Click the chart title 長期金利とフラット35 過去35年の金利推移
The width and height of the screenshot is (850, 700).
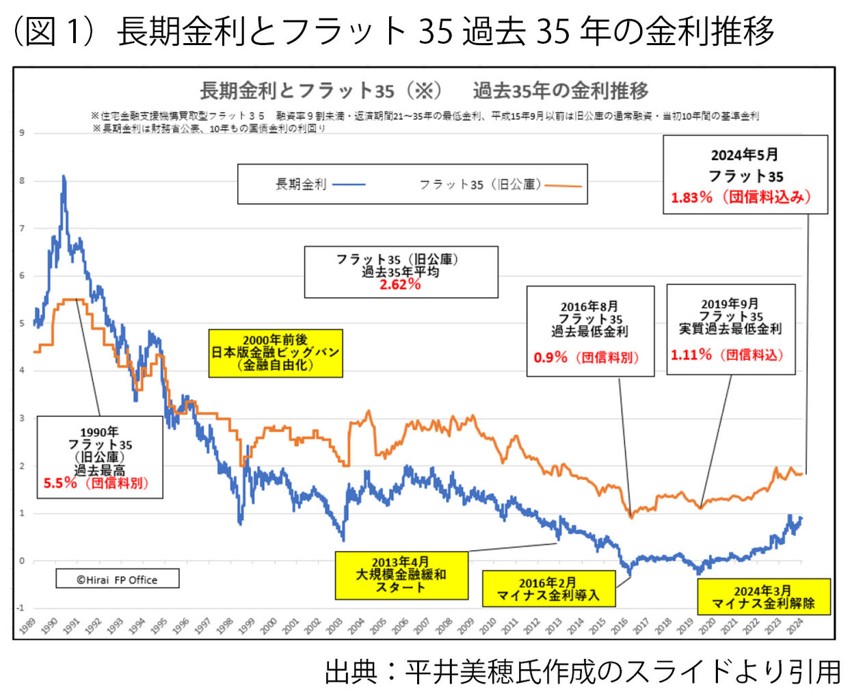click(424, 90)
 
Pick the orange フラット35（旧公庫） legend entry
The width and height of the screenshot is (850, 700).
click(500, 185)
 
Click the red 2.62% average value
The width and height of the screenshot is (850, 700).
click(400, 284)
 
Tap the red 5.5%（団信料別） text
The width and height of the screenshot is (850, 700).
click(96, 483)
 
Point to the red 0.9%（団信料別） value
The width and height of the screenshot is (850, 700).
click(586, 357)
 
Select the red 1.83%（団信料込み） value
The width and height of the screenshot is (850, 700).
click(741, 198)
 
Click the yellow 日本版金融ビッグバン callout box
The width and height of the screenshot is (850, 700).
click(275, 353)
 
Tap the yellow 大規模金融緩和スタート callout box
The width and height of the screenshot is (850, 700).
click(401, 575)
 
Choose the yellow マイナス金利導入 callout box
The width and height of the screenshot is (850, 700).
click(548, 589)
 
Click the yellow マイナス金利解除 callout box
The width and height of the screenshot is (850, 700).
click(763, 597)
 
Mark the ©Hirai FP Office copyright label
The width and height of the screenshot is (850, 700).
click(117, 580)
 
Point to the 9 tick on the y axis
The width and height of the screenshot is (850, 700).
click(22, 133)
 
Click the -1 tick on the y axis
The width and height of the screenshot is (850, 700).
click(21, 608)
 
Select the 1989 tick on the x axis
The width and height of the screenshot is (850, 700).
click(27, 626)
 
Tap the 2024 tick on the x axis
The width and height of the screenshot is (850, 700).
click(795, 626)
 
